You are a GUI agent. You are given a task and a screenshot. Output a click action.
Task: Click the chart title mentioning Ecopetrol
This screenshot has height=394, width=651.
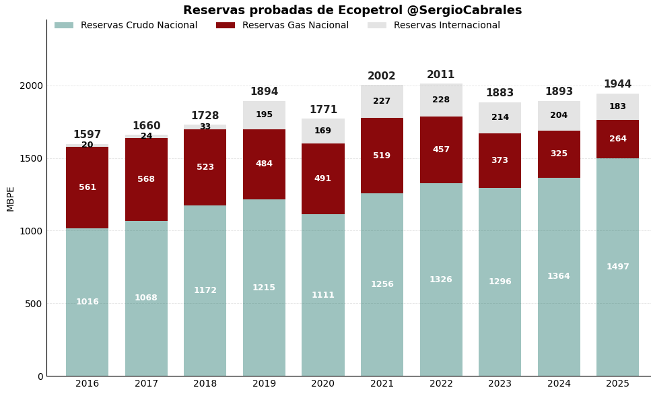(352, 11)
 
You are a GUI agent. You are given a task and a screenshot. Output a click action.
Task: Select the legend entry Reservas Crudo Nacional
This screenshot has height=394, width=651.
(139, 26)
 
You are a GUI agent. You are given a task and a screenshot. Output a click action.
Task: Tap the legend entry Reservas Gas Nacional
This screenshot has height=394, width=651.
(295, 26)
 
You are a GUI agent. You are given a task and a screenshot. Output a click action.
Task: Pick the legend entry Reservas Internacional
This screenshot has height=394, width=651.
(446, 26)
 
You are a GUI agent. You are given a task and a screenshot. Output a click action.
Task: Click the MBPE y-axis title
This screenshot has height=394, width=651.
(11, 199)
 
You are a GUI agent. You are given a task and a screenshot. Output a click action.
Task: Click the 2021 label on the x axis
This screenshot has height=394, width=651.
(382, 384)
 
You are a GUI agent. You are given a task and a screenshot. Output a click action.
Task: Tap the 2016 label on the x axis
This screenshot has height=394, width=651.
(88, 384)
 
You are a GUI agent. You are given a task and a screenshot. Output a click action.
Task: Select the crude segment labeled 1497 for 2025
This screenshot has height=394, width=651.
(617, 267)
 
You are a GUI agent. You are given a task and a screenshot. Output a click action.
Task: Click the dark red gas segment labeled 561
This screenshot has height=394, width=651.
(88, 187)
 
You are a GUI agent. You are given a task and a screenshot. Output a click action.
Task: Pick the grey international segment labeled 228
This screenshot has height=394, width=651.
(441, 100)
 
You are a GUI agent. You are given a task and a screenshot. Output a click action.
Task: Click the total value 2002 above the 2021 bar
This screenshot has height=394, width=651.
(382, 77)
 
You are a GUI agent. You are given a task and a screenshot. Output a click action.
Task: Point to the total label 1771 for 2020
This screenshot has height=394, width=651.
(323, 110)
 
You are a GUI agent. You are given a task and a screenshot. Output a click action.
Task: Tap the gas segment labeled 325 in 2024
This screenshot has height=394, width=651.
(559, 154)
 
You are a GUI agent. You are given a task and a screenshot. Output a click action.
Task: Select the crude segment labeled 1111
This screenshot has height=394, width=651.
(323, 295)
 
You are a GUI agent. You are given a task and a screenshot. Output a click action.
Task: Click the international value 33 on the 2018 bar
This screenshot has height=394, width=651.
(205, 127)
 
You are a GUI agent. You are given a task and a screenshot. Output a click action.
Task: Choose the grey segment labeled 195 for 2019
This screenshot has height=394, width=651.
(264, 114)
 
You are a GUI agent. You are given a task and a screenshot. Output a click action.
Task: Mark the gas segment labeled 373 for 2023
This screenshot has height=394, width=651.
(500, 160)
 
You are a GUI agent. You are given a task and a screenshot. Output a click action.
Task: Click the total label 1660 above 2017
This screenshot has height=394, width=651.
(146, 126)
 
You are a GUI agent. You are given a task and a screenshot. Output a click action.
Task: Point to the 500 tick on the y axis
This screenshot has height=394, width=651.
(34, 304)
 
